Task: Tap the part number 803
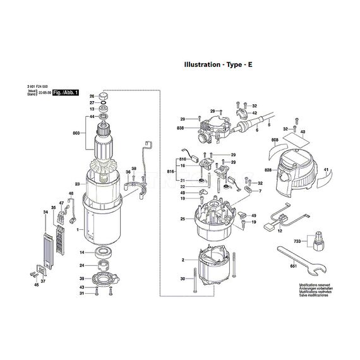tap(76, 133)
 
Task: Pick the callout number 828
tap(268, 171)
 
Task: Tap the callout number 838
tap(181, 128)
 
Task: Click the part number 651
tap(292, 268)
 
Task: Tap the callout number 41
tap(326, 171)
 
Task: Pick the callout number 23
tap(77, 184)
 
